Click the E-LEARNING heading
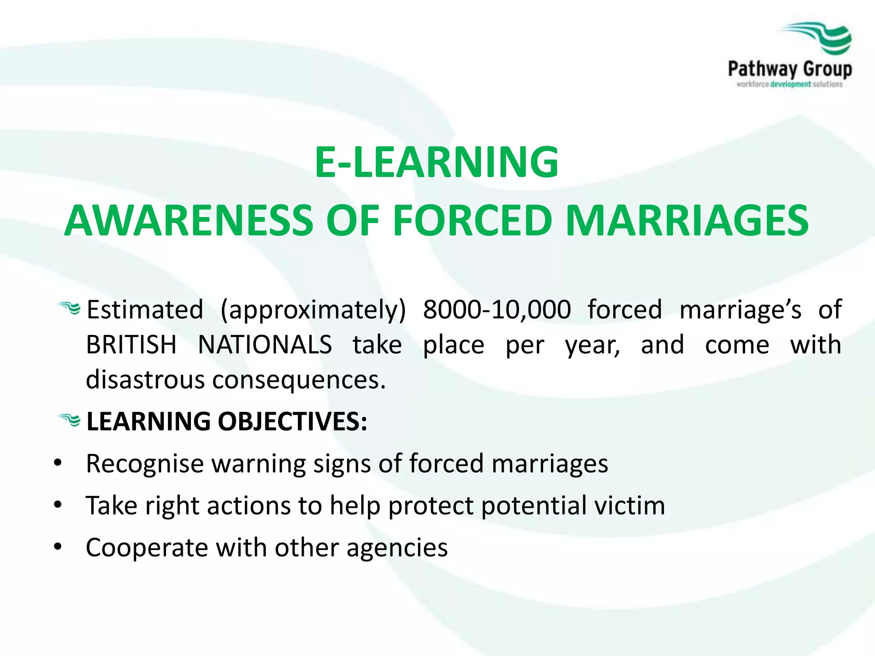(437, 162)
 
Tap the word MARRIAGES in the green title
(687, 220)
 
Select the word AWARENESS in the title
(188, 220)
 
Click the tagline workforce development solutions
(789, 85)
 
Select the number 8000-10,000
(497, 310)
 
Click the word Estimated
(145, 310)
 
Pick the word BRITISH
(131, 345)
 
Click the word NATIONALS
(265, 345)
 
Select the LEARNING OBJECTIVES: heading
(226, 422)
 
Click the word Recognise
(145, 464)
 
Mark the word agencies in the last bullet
(397, 548)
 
